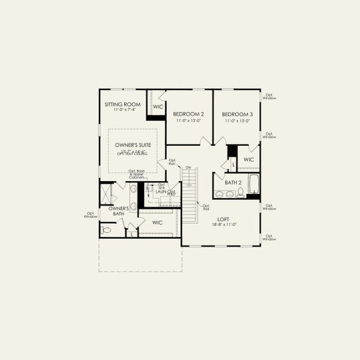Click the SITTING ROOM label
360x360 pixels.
(123, 104)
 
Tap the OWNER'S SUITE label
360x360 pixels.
(133, 145)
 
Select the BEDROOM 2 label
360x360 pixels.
(188, 114)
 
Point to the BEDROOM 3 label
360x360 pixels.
(237, 114)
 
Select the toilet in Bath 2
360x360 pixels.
(240, 193)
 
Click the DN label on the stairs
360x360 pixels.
(188, 167)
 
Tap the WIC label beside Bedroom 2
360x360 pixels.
(158, 107)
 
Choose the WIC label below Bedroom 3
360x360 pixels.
(249, 160)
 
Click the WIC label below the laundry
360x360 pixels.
(158, 223)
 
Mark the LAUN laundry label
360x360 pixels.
(161, 191)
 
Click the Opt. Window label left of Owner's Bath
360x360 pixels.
(91, 215)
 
